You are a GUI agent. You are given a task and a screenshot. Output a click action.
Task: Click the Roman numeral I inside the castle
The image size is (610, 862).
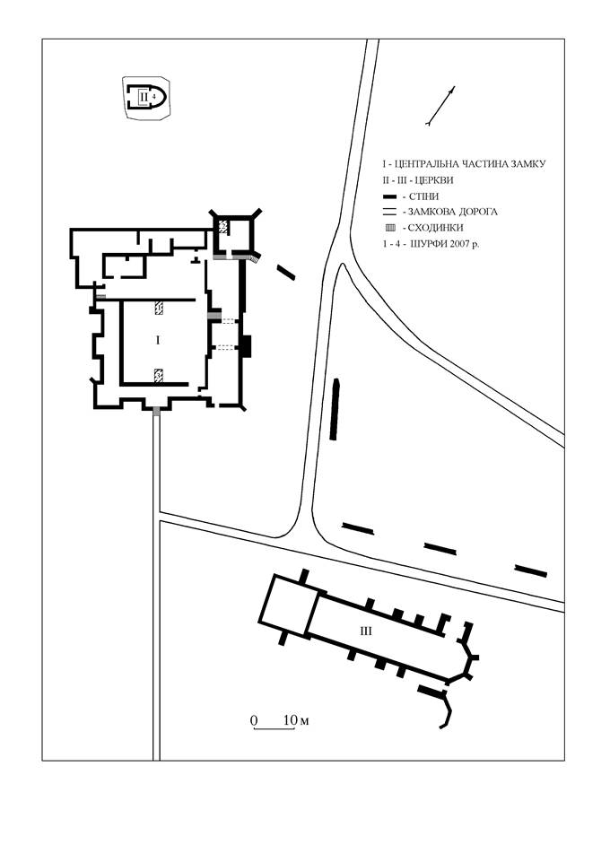158,341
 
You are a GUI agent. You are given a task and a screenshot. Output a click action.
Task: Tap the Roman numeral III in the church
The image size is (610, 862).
366,631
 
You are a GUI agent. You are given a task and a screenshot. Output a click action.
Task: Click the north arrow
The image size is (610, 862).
440,106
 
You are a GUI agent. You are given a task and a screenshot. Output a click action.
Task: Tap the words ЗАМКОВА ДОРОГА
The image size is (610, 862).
453,212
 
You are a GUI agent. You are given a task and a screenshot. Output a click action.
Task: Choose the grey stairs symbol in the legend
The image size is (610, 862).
390,228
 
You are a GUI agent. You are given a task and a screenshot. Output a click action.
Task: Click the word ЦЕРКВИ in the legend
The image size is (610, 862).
435,180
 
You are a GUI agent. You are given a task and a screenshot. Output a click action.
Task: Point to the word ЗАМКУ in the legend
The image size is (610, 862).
527,164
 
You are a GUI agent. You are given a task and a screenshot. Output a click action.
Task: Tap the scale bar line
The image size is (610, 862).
274,729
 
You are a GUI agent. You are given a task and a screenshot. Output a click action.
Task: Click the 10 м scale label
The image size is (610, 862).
296,720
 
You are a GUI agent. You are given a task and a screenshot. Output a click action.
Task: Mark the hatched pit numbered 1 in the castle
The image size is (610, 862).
159,308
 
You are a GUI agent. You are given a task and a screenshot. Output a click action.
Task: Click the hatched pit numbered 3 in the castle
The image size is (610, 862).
159,376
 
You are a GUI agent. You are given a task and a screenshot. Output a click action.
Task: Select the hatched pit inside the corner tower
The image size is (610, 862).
223,225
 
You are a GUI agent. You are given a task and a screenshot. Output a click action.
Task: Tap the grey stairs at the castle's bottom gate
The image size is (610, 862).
157,411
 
